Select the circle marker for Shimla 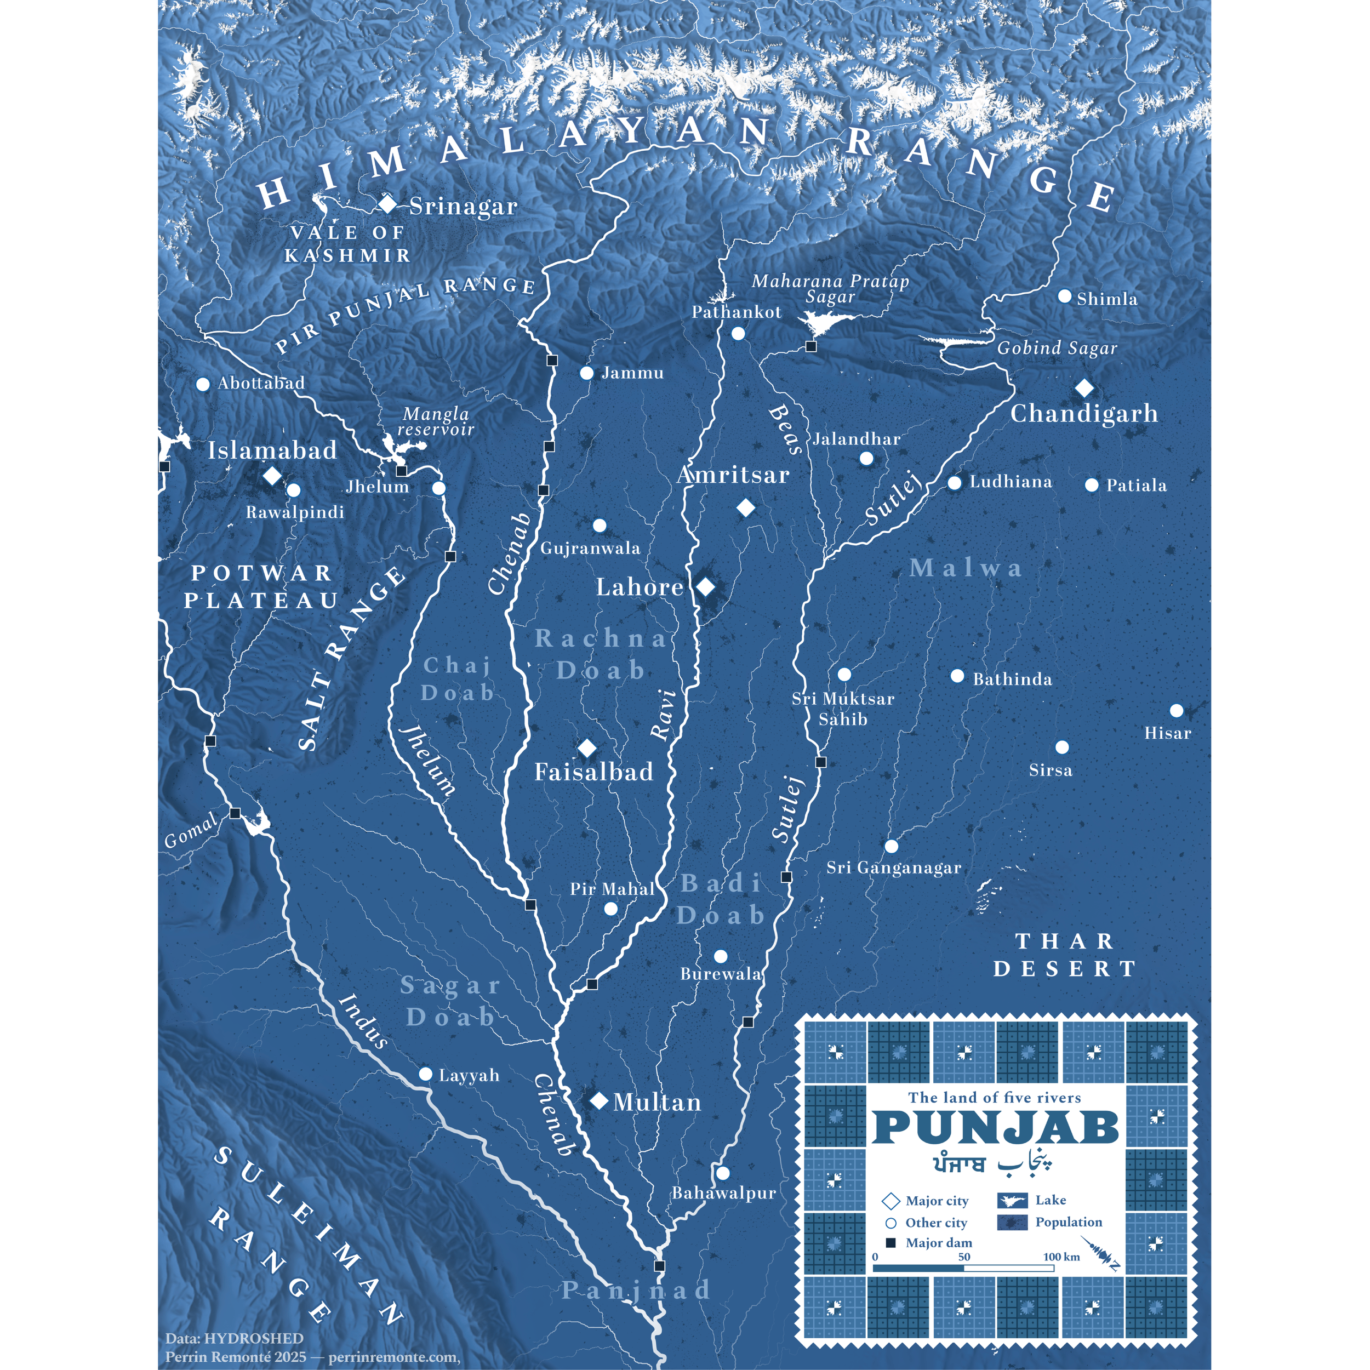(x=1064, y=296)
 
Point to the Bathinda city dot (x=957, y=676)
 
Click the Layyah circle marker (x=425, y=1074)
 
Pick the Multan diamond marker (x=599, y=1100)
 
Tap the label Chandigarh (x=1083, y=413)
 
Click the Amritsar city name (x=733, y=475)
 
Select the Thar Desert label (x=1065, y=955)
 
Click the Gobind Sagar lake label (x=1057, y=348)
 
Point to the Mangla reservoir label (x=436, y=421)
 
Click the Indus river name (x=363, y=1021)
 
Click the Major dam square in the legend (x=891, y=1242)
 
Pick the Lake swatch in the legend (x=1013, y=1201)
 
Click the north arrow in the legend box (x=1100, y=1253)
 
